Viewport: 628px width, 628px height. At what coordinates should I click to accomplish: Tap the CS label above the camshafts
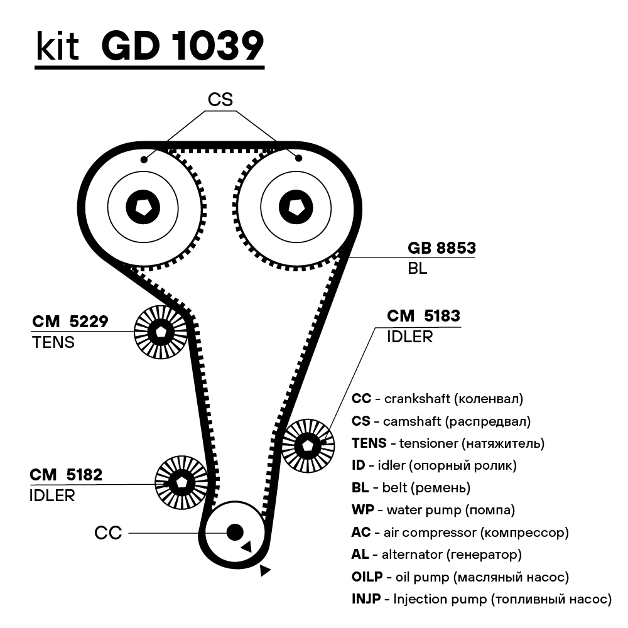[220, 99]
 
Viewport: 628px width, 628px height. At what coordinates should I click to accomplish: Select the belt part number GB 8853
[441, 248]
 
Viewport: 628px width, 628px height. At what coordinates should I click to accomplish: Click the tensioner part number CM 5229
[70, 322]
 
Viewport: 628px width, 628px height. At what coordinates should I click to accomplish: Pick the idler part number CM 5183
[423, 316]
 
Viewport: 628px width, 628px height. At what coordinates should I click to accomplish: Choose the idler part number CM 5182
[65, 475]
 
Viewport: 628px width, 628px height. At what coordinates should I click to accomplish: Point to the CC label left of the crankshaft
[107, 533]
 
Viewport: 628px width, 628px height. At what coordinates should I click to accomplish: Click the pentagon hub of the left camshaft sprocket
[143, 206]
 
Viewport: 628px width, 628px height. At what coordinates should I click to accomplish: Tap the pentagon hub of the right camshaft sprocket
[295, 206]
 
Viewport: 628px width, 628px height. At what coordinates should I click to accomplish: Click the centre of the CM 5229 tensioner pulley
[161, 332]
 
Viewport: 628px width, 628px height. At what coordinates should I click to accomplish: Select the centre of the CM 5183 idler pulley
[308, 445]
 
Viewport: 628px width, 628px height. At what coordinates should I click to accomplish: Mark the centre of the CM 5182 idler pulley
[181, 483]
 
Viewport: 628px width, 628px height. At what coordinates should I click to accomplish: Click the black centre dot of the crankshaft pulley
[235, 532]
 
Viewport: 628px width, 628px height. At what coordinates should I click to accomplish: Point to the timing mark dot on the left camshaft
[144, 160]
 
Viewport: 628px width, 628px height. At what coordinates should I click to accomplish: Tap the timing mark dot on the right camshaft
[298, 158]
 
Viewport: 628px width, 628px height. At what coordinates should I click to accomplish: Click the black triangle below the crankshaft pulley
[265, 570]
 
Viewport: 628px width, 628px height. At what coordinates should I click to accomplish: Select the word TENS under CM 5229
[53, 342]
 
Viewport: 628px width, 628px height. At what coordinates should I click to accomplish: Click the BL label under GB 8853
[417, 269]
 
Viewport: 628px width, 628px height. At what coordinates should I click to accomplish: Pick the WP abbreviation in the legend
[361, 510]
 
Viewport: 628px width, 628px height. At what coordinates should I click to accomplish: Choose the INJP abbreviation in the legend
[366, 598]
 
